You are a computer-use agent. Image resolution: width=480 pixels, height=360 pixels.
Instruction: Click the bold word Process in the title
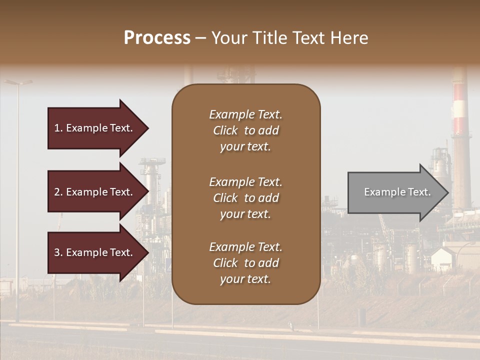click(x=157, y=38)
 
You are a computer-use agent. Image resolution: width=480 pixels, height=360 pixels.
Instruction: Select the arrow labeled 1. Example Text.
click(x=95, y=128)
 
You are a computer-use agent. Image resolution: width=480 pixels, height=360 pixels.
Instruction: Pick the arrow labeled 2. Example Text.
click(x=95, y=192)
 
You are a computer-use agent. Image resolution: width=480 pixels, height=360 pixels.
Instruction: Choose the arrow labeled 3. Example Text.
click(x=95, y=252)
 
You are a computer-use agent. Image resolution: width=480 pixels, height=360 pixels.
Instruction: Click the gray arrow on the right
click(x=395, y=192)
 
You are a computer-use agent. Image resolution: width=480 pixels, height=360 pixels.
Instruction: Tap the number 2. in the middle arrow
click(x=58, y=192)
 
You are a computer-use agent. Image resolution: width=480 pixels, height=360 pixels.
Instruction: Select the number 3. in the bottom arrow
click(x=58, y=252)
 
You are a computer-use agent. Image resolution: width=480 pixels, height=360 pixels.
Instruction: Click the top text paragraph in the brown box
click(x=245, y=130)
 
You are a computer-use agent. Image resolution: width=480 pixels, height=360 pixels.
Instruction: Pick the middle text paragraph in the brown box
click(x=245, y=198)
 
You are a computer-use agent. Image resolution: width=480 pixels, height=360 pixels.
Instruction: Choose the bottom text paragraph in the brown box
click(x=245, y=263)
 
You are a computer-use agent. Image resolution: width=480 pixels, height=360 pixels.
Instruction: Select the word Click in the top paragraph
click(x=225, y=130)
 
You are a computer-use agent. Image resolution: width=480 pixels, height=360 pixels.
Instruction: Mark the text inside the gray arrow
click(x=397, y=192)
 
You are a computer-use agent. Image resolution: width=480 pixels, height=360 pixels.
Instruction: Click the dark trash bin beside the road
click(x=361, y=315)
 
